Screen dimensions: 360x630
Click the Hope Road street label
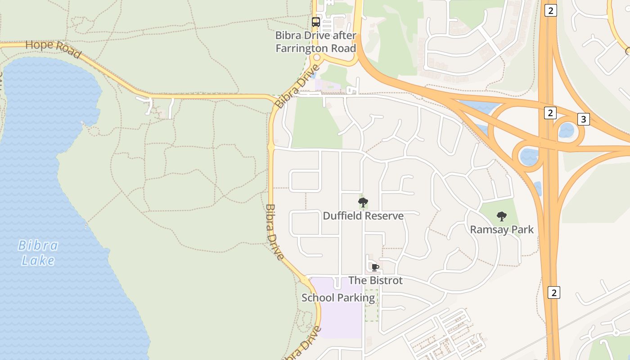pyautogui.click(x=53, y=49)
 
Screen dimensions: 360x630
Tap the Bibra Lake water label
pyautogui.click(x=38, y=253)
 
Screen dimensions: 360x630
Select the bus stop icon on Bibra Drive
pyautogui.click(x=316, y=22)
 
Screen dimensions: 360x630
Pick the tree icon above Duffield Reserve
pyautogui.click(x=363, y=202)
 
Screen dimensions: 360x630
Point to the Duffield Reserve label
pyautogui.click(x=363, y=216)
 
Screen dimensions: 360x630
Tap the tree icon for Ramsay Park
pyautogui.click(x=502, y=216)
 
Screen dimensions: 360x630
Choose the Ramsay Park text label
pyautogui.click(x=502, y=229)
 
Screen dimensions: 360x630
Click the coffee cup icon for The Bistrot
pyautogui.click(x=375, y=268)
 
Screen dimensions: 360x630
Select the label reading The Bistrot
pyautogui.click(x=375, y=280)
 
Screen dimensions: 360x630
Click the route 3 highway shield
pyautogui.click(x=584, y=119)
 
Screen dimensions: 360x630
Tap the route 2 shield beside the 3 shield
pyautogui.click(x=550, y=113)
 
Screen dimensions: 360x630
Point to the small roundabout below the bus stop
pyautogui.click(x=316, y=58)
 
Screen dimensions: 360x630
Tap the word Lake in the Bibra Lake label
pyautogui.click(x=38, y=261)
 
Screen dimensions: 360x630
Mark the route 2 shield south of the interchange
pyautogui.click(x=553, y=292)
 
